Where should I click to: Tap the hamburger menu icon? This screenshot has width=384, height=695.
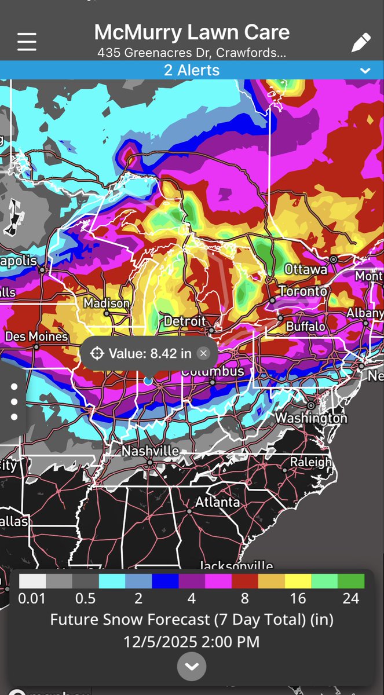[x=27, y=42]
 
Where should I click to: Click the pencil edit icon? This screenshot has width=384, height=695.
[x=360, y=42]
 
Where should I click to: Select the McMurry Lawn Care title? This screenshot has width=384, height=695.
[x=192, y=32]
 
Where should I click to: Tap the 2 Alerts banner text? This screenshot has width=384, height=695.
[x=192, y=71]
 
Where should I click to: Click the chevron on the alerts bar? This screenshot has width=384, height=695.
[x=365, y=71]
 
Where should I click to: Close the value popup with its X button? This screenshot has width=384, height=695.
[x=203, y=353]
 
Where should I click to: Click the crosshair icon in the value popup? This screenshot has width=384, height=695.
[x=97, y=353]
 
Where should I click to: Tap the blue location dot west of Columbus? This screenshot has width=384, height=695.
[x=148, y=381]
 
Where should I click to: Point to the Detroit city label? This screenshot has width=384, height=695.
[x=185, y=321]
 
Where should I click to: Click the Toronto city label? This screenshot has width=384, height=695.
[x=303, y=291]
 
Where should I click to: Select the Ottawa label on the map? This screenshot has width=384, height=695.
[x=306, y=269]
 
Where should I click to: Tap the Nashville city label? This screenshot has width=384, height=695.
[x=150, y=451]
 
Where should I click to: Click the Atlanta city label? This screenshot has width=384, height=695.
[x=217, y=502]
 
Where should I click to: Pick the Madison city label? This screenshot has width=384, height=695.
[x=107, y=303]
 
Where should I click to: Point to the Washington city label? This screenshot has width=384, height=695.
[x=311, y=418]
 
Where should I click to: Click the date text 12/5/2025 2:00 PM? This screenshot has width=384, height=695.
[x=192, y=641]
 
